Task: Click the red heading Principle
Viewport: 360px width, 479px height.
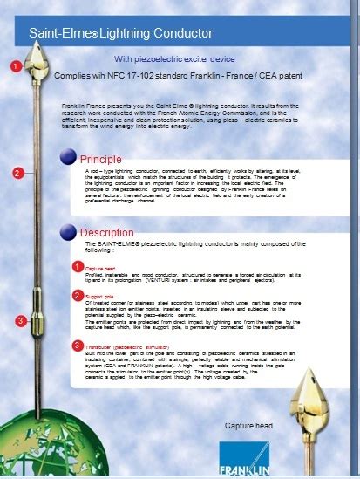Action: [x=101, y=159]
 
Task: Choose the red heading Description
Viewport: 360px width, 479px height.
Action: [x=106, y=233]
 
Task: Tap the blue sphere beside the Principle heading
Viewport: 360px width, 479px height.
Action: [x=68, y=157]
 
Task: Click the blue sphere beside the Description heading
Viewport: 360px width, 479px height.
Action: [x=68, y=232]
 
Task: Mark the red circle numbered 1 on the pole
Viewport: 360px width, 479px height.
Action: [x=15, y=65]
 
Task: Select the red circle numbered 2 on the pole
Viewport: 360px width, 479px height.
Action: [x=17, y=173]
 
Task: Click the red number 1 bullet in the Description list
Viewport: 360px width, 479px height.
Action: [x=77, y=265]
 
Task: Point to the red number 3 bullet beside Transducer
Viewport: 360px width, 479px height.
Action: [x=77, y=346]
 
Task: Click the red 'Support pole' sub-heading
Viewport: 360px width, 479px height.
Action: [x=100, y=297]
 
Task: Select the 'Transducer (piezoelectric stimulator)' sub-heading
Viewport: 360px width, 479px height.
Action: [x=131, y=346]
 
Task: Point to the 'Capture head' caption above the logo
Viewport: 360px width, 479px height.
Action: [x=249, y=425]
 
